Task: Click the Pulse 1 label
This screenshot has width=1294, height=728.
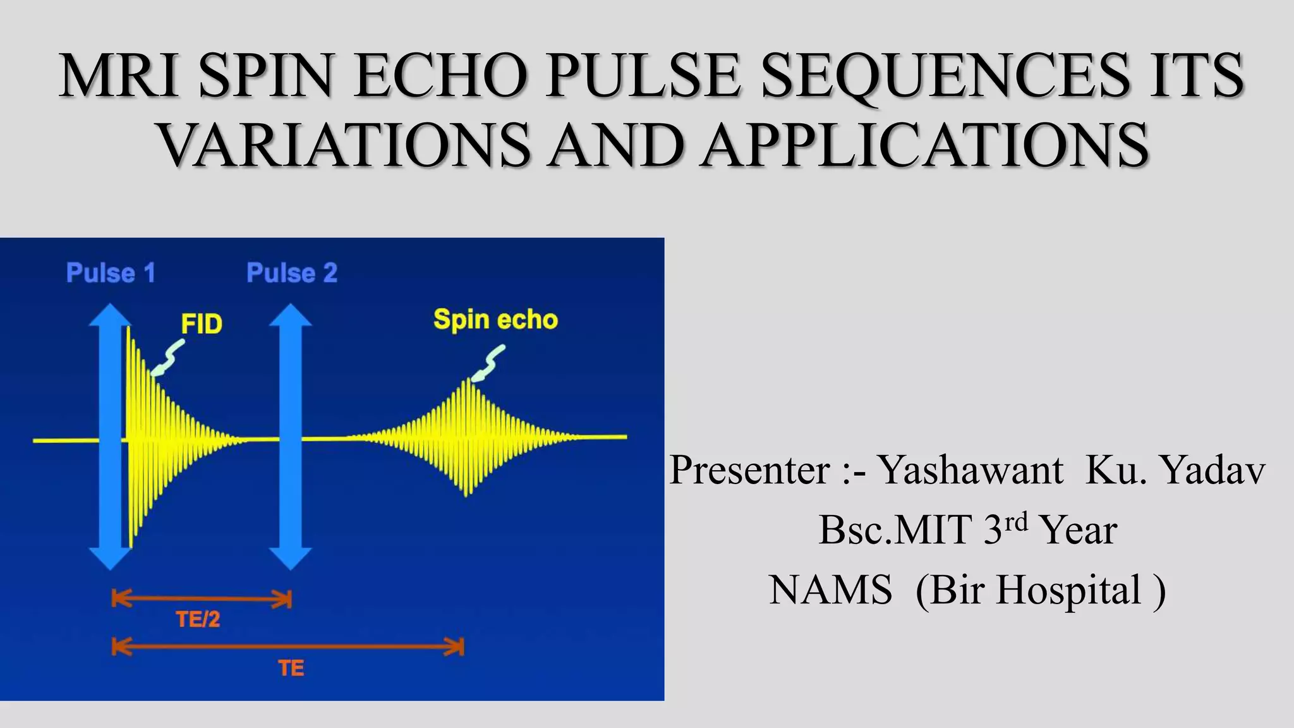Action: point(111,273)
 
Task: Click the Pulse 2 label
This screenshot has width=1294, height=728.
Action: point(291,273)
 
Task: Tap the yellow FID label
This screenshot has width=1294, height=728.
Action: point(202,324)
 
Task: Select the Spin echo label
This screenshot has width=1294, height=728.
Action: point(495,320)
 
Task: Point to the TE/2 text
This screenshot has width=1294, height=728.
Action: point(198,619)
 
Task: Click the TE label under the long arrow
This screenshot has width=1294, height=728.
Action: point(291,668)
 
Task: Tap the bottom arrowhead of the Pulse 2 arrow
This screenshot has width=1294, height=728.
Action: point(291,559)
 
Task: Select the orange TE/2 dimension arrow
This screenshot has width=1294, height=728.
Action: point(201,598)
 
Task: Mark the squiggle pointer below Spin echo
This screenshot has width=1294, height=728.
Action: point(489,363)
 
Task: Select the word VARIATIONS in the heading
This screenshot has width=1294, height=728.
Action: point(344,145)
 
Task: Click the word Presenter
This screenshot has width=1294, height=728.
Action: point(749,470)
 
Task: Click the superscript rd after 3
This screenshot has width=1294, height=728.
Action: point(1016,521)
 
